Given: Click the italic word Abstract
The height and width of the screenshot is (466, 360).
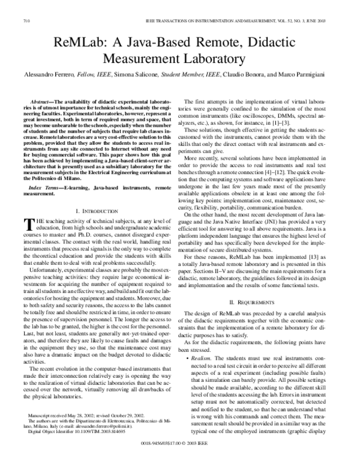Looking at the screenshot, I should pos(43,104).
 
